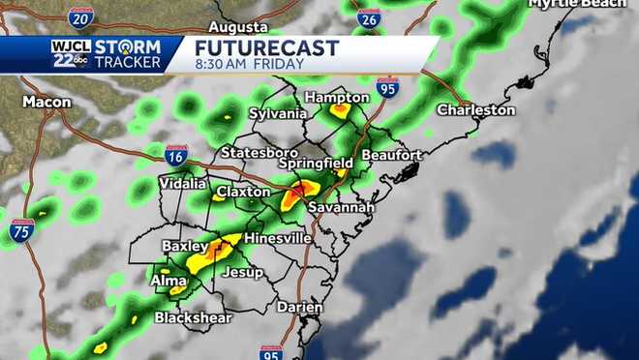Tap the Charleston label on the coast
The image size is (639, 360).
coord(475,110)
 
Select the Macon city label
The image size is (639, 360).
coord(46,102)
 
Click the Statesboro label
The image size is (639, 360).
coord(259,153)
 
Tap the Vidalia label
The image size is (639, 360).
coord(182,183)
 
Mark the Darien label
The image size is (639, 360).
coord(299,307)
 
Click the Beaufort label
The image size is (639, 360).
coord(391,155)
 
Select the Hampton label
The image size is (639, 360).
coord(337,97)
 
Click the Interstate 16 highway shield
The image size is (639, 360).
coord(175,156)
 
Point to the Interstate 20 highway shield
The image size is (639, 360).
coord(81,16)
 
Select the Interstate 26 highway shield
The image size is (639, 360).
coord(368,17)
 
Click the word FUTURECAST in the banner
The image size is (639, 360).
coord(266,48)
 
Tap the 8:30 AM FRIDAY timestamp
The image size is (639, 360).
coord(250,65)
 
